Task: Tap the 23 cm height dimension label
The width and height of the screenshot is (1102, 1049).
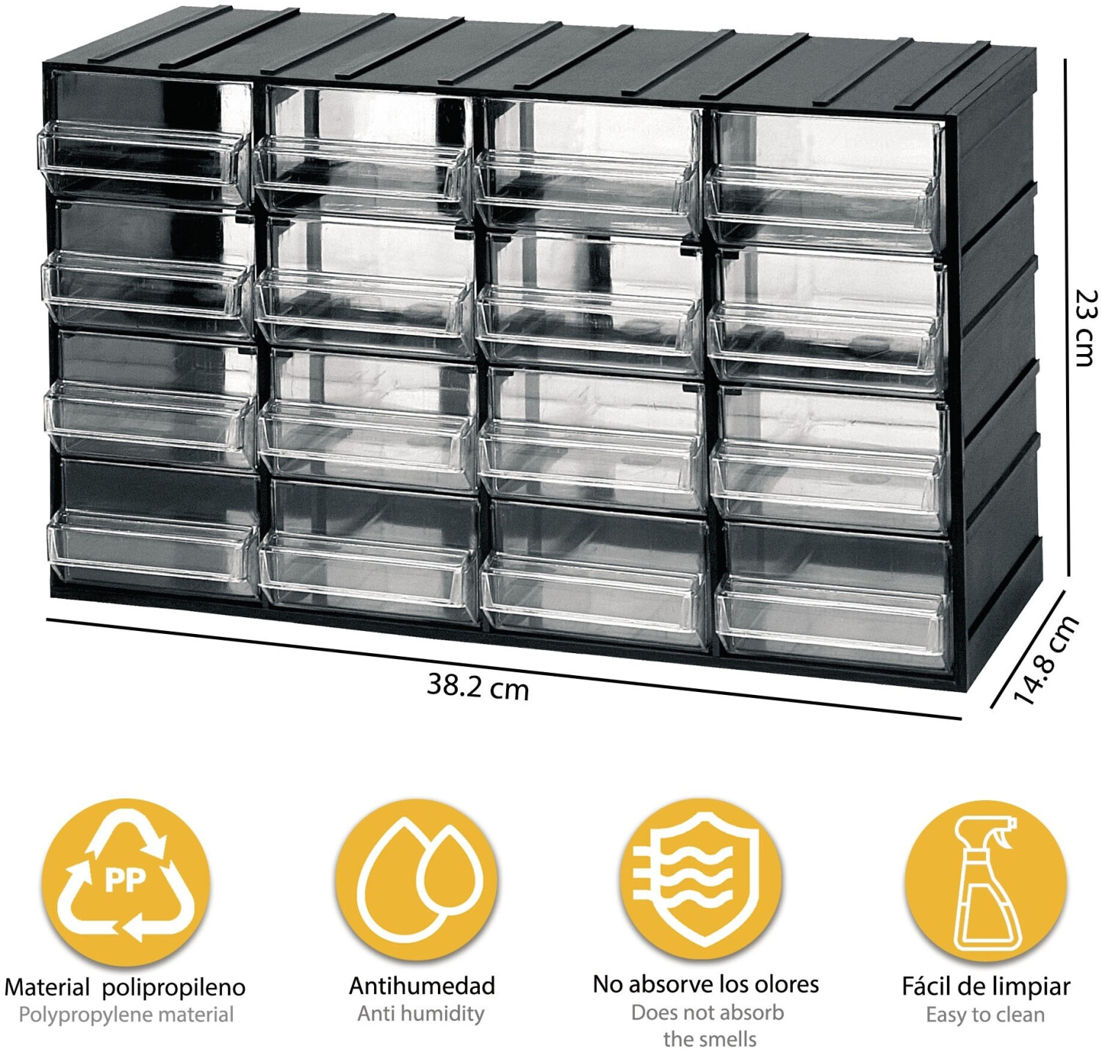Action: [1084, 327]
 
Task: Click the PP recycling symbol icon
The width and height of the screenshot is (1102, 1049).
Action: [126, 882]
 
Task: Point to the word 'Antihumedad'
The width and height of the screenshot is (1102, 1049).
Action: [422, 986]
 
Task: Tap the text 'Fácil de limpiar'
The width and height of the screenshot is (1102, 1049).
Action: [986, 987]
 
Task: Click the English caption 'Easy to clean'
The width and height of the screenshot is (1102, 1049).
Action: [985, 1014]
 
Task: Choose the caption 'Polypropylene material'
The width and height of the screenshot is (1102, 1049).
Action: [126, 1014]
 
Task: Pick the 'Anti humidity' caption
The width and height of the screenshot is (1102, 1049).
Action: [421, 1013]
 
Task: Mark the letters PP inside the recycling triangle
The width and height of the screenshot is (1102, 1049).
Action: [126, 880]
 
